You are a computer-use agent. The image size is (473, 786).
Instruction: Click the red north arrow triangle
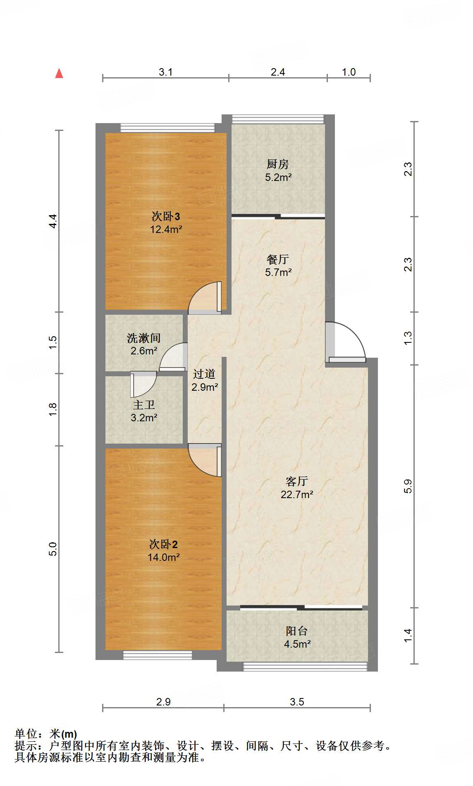pos(59,74)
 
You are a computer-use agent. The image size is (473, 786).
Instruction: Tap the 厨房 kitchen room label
pos(277,164)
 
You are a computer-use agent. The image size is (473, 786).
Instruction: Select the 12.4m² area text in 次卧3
pos(166,229)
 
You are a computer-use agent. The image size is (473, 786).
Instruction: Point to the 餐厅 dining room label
pos(277,259)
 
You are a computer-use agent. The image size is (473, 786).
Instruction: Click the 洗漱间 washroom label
pos(143,338)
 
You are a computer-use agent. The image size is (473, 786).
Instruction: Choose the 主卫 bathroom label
pos(143,405)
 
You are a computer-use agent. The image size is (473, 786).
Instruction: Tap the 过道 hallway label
pos(204,374)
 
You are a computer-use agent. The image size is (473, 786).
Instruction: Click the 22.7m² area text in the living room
pos(296,494)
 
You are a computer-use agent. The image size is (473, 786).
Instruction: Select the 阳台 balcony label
pos(296,631)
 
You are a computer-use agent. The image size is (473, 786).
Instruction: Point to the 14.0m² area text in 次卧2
pos(163,557)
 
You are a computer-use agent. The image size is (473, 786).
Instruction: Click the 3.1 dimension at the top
pos(165,72)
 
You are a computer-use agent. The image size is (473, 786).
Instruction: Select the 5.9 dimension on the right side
pos(408,486)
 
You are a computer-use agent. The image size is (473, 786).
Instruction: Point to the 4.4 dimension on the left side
pos(53,221)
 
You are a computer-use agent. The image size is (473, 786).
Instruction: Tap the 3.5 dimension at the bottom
pos(297,702)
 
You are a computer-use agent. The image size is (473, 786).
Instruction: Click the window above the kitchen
pos(277,119)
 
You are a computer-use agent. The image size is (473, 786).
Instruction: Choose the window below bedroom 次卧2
pos(158,655)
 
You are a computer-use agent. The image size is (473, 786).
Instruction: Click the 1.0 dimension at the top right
pos(349,72)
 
